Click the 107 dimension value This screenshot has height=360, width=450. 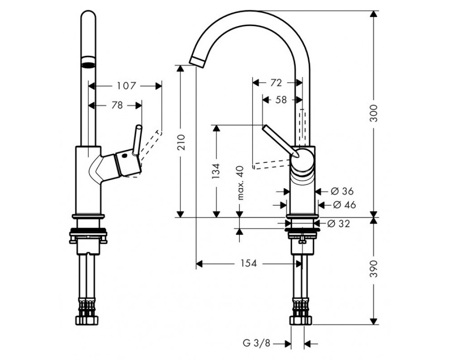[x=126, y=85]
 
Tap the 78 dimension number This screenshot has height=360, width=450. [x=117, y=105]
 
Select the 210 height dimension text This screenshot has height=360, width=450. [x=182, y=143]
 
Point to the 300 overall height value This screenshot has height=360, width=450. [x=373, y=113]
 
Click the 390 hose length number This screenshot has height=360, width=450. [x=373, y=269]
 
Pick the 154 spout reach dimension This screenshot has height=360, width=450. [x=248, y=263]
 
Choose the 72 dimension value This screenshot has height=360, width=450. [x=276, y=83]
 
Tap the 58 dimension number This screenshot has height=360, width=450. [x=281, y=99]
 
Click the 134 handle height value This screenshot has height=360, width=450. [x=216, y=171]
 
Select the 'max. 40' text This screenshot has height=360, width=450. [x=240, y=183]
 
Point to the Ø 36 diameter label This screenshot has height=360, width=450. [x=342, y=191]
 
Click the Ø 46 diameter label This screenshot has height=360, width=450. [x=344, y=205]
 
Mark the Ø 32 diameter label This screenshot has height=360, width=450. [x=339, y=223]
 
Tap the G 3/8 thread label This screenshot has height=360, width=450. [x=256, y=343]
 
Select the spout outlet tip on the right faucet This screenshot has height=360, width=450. [x=198, y=62]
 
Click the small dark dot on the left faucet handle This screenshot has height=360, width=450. [x=125, y=156]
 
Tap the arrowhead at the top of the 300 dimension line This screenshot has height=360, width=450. [x=373, y=14]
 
